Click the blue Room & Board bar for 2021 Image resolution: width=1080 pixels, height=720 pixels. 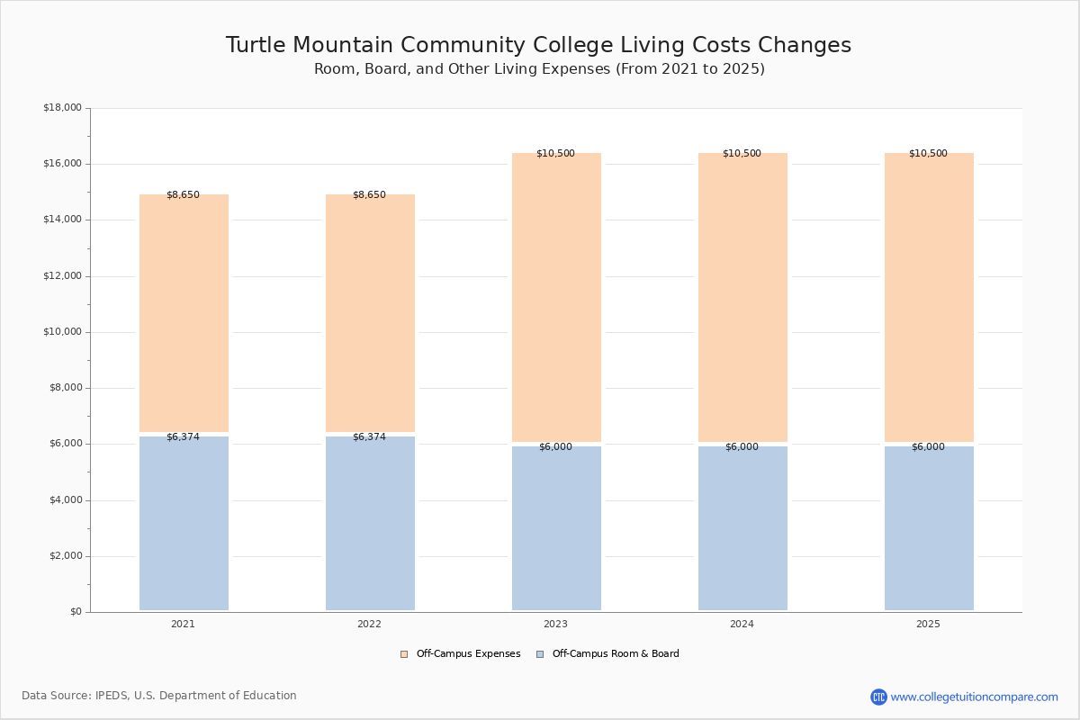point(184,523)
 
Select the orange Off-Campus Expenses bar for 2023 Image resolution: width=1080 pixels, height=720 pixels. point(556,297)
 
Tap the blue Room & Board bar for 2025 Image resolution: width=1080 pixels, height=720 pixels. point(929,528)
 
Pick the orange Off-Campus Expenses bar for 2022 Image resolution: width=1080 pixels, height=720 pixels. point(370,313)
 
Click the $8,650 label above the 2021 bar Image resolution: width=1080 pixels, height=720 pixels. point(183,195)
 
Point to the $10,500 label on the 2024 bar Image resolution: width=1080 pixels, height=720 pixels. point(742,154)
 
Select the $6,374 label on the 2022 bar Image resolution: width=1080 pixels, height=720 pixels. point(369,437)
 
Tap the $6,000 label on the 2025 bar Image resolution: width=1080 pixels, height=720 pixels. point(928,447)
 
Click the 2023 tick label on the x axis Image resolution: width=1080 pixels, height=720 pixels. point(555,625)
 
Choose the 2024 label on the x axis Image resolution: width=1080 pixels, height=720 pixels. point(742,625)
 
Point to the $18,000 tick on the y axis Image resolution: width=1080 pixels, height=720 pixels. point(62,108)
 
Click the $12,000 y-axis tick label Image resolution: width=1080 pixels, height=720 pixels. point(62,276)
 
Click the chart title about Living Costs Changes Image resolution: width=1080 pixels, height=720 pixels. point(538,46)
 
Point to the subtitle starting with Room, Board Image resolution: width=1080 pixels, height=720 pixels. point(539,69)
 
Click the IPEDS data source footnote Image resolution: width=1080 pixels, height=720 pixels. point(159,696)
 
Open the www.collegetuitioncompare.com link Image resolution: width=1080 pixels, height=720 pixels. point(974,697)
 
